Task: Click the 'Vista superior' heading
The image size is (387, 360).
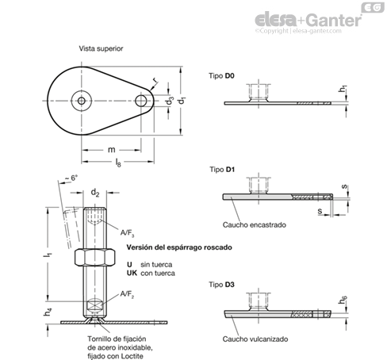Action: pyautogui.click(x=101, y=48)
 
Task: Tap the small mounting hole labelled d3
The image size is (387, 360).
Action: pyautogui.click(x=141, y=101)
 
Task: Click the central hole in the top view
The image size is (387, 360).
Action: pyautogui.click(x=82, y=101)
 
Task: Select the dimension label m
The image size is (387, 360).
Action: pyautogui.click(x=112, y=150)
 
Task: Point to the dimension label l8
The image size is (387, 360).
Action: pyautogui.click(x=118, y=163)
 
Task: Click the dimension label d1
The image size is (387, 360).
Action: pyautogui.click(x=182, y=101)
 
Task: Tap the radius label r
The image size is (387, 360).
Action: pyautogui.click(x=155, y=79)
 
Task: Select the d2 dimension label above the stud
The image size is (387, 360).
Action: pyautogui.click(x=95, y=193)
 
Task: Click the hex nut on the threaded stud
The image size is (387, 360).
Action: pyautogui.click(x=94, y=257)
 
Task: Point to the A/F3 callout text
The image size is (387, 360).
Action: pyautogui.click(x=128, y=233)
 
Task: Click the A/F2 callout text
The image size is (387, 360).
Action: pyautogui.click(x=127, y=294)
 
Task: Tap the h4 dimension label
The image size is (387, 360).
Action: pyautogui.click(x=48, y=312)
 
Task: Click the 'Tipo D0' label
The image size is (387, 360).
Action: pyautogui.click(x=221, y=76)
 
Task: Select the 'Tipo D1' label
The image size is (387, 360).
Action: pyautogui.click(x=222, y=170)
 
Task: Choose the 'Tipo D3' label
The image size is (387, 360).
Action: pyautogui.click(x=221, y=285)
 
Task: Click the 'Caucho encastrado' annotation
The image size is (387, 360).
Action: pyautogui.click(x=255, y=225)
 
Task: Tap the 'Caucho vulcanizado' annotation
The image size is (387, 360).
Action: pyautogui.click(x=255, y=339)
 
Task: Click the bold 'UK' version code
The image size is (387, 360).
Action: pyautogui.click(x=132, y=273)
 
